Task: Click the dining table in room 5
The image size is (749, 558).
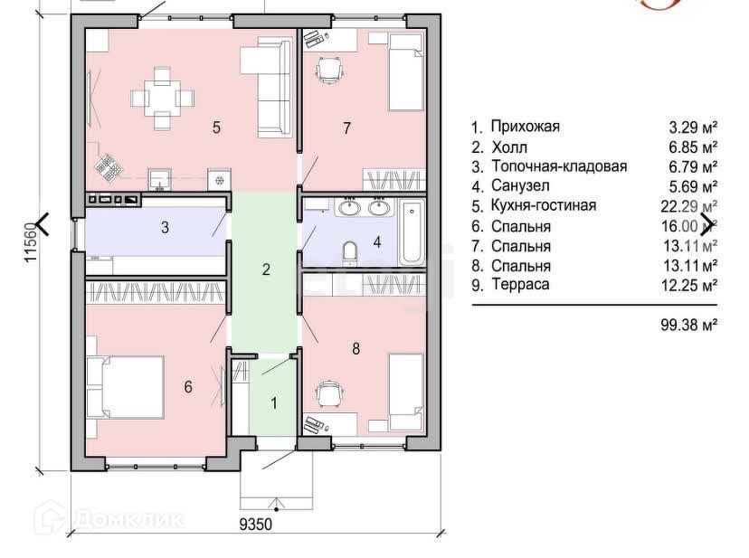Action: coord(162,99)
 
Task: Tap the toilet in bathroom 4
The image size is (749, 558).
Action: coord(350,252)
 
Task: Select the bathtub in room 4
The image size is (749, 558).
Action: coord(412,232)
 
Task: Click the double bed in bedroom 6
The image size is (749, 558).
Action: coord(126,387)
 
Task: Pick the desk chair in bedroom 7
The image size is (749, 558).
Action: coord(329,71)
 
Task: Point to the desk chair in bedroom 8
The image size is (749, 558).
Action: coord(329,394)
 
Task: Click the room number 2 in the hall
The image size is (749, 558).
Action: coord(266,270)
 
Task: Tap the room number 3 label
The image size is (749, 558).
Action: coord(165,227)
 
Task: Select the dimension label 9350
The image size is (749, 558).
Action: coord(256,524)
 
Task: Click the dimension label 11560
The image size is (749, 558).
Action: coord(32,241)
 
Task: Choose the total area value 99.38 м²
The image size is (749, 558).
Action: coord(688,325)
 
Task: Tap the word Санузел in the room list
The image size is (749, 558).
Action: coord(520,185)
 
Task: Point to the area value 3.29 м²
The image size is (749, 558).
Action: coord(693,128)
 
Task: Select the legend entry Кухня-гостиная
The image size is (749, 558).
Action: coord(544,205)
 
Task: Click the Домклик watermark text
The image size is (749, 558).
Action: coord(129,519)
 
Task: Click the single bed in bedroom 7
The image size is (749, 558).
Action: coord(406,71)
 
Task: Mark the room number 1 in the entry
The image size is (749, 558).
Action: coord(274,402)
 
